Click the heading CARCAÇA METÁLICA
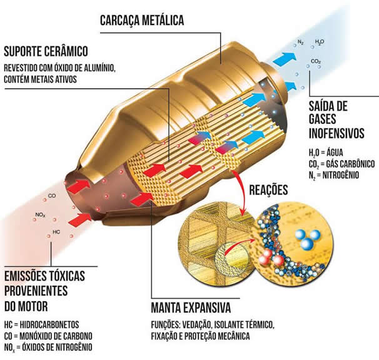[142, 20]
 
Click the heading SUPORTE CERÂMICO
[46, 51]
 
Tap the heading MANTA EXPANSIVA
[191, 308]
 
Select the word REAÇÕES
[268, 190]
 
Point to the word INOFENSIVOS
[336, 133]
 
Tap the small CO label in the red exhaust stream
[52, 195]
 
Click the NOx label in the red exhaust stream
[40, 215]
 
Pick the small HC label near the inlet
[56, 232]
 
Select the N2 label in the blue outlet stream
[300, 42]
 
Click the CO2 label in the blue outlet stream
[316, 61]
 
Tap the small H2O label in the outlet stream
[320, 42]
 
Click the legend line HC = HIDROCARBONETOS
[41, 325]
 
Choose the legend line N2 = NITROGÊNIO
[334, 175]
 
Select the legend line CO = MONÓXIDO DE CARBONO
[48, 336]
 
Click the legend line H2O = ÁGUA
[326, 153]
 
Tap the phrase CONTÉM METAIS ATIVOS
[41, 80]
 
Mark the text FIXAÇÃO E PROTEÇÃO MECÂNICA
[200, 336]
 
